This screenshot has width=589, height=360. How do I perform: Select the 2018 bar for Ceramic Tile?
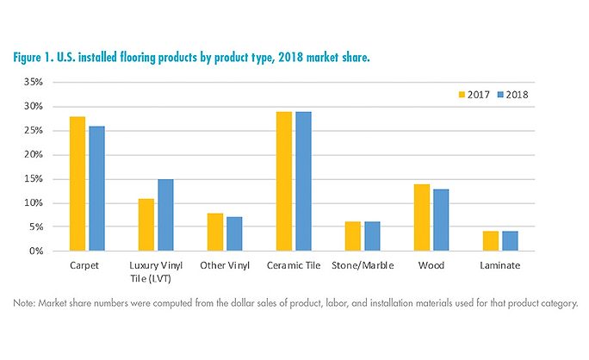(x=302, y=182)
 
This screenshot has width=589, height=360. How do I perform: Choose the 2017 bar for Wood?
(x=423, y=218)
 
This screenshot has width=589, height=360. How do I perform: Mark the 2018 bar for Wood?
(x=440, y=220)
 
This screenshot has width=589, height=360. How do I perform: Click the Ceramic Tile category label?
(x=294, y=265)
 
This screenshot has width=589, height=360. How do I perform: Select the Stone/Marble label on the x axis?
(x=362, y=265)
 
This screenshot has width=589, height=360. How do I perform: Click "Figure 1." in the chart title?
(x=38, y=57)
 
